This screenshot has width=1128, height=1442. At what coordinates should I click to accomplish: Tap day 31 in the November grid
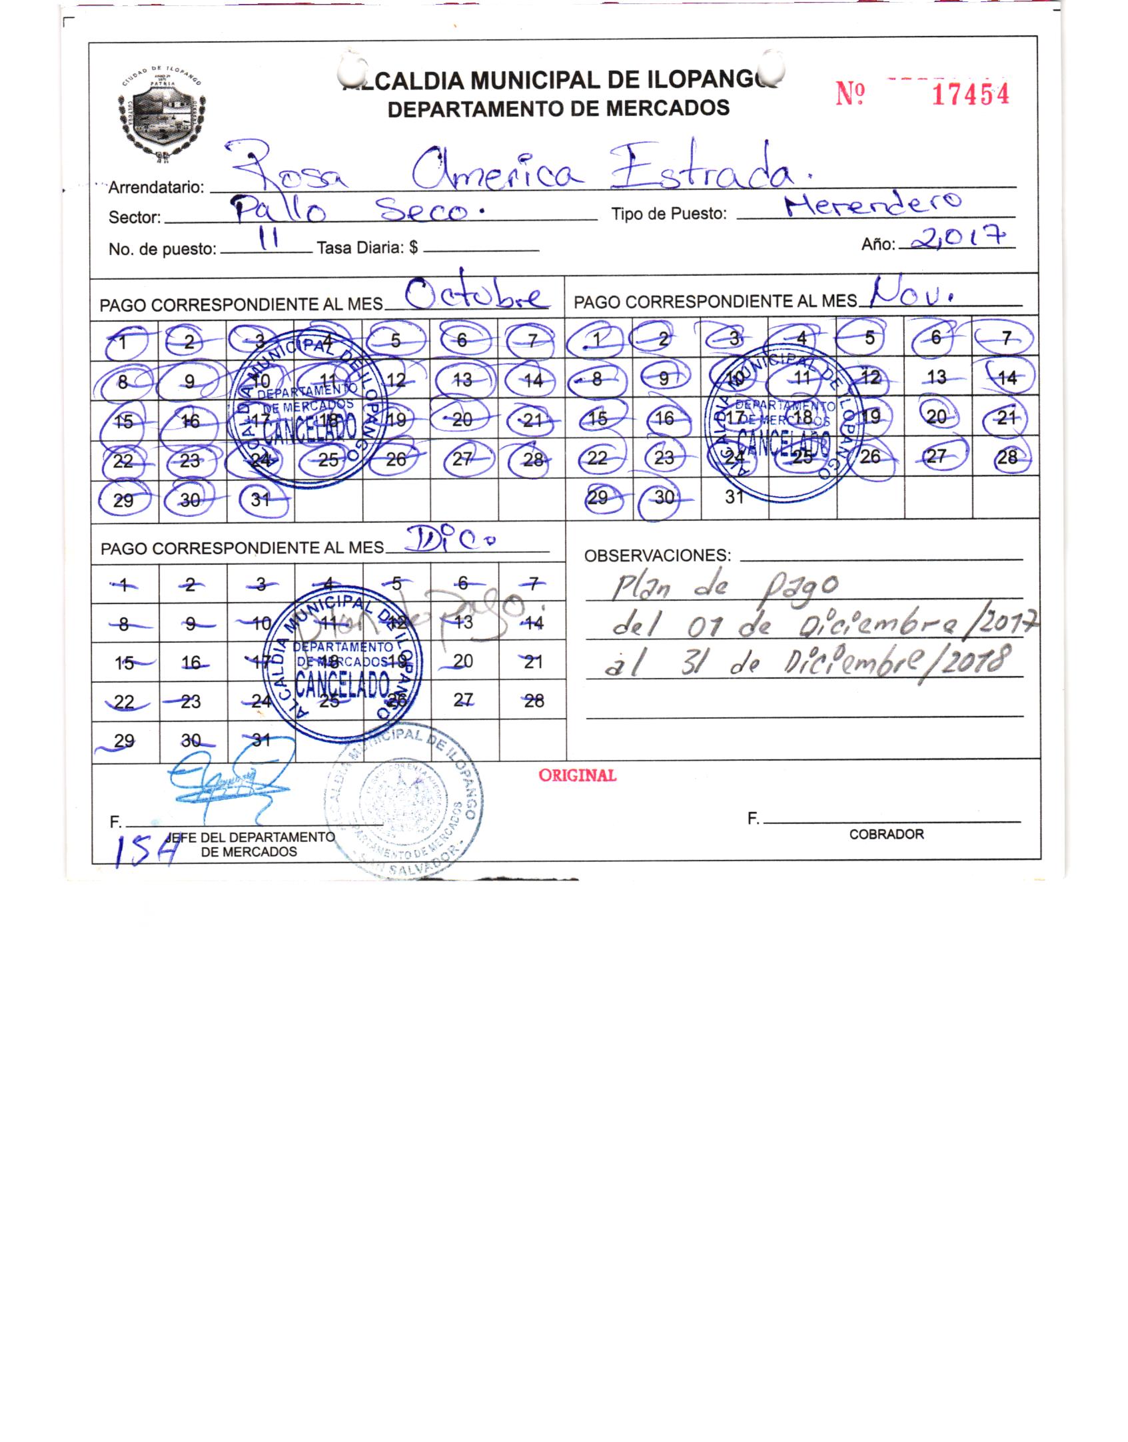point(734,497)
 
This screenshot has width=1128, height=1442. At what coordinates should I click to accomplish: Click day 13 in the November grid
point(936,378)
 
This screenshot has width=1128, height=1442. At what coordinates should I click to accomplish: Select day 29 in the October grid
point(123,500)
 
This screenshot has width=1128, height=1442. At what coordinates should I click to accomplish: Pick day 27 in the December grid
point(463,700)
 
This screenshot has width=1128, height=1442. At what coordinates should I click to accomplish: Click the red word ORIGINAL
point(577,775)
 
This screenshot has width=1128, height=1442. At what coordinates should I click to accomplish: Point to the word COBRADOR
point(886,835)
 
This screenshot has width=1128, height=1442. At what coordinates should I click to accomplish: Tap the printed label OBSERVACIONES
point(657,555)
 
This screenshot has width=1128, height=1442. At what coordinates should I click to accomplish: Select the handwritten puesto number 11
point(269,241)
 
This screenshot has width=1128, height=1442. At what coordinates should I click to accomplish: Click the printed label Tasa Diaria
point(367,248)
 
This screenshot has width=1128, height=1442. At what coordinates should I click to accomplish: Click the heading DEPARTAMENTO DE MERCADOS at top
point(558,108)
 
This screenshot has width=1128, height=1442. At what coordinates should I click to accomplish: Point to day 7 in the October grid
point(532,342)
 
